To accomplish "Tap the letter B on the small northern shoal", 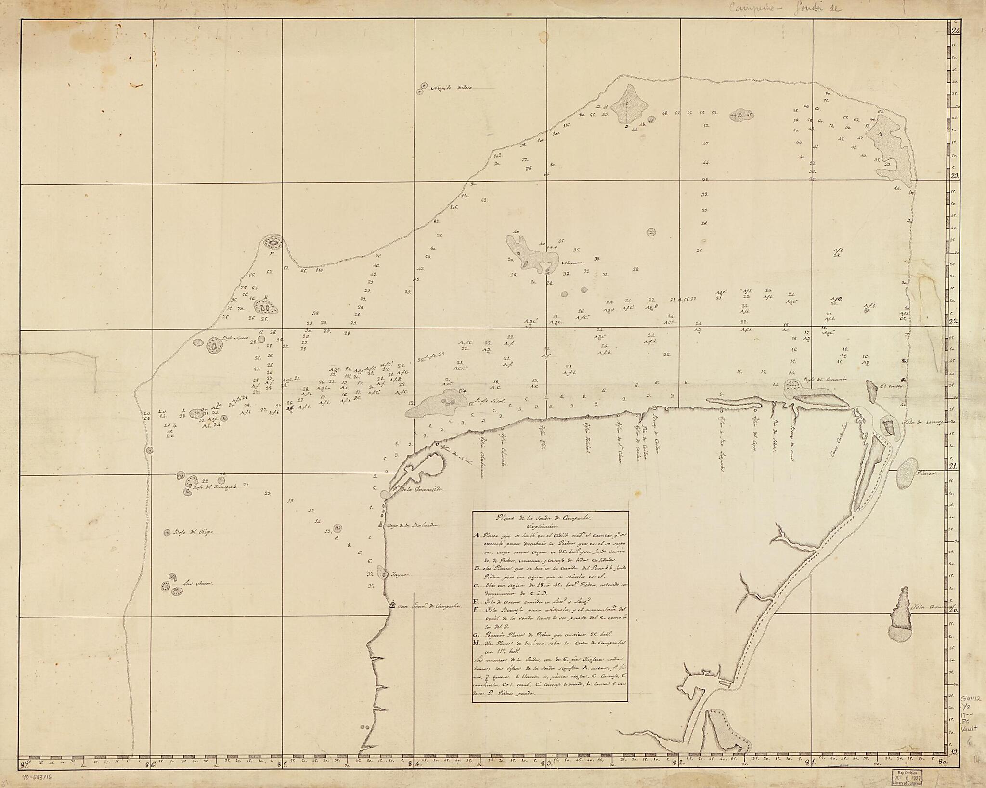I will coord(739,115).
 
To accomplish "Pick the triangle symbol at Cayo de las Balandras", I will coord(381,524).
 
